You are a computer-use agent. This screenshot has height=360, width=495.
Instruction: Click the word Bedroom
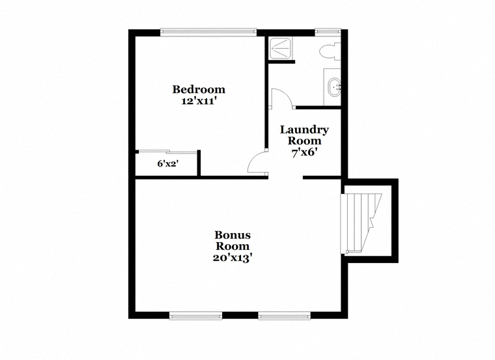pos(199,90)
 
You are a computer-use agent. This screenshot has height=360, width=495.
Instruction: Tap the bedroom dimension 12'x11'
pos(199,102)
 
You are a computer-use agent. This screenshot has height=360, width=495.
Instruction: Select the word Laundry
pos(304,130)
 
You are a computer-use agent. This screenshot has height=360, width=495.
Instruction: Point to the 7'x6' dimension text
pos(304,153)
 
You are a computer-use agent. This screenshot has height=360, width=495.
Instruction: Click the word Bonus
pos(233,235)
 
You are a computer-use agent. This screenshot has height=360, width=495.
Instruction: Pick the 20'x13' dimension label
pos(233,258)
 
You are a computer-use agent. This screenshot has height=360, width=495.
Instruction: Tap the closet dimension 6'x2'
pos(168,164)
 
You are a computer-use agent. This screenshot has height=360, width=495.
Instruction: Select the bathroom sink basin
pos(335,87)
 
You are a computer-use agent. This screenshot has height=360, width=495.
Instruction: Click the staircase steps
pos(361,223)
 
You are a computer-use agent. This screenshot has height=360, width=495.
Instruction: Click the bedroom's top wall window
pos(208,31)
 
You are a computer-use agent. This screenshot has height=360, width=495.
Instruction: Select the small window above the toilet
pos(328,31)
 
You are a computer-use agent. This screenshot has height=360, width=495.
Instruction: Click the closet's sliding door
pos(168,152)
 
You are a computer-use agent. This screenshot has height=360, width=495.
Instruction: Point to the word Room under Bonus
pos(233,247)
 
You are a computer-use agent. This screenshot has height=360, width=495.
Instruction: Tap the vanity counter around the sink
pos(332,87)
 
